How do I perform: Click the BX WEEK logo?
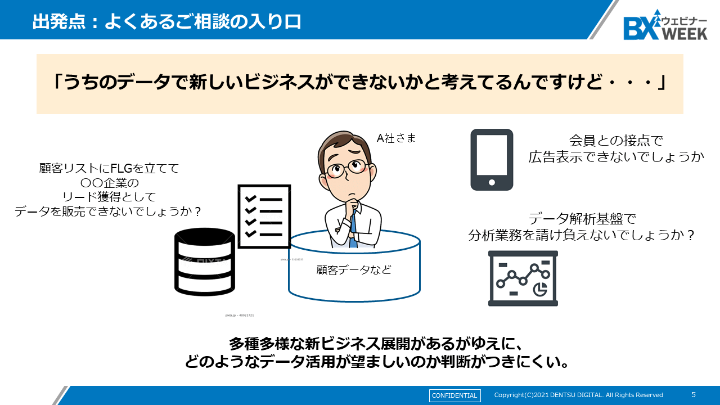click(x=665, y=25)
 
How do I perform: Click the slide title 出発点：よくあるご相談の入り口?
click(x=166, y=21)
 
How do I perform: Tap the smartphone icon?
click(x=492, y=160)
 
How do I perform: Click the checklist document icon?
click(x=264, y=213)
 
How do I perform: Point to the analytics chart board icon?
click(x=523, y=278)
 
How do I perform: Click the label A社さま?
click(x=396, y=138)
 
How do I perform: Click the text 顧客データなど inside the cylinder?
click(x=354, y=270)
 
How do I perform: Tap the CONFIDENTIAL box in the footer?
click(x=454, y=395)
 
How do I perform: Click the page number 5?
click(x=693, y=395)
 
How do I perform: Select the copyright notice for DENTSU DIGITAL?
click(x=578, y=395)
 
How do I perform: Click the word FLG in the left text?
click(x=121, y=168)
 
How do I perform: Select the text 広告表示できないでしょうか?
click(x=616, y=157)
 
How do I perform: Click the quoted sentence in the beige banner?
click(x=359, y=83)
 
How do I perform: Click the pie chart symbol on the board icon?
click(x=540, y=289)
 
